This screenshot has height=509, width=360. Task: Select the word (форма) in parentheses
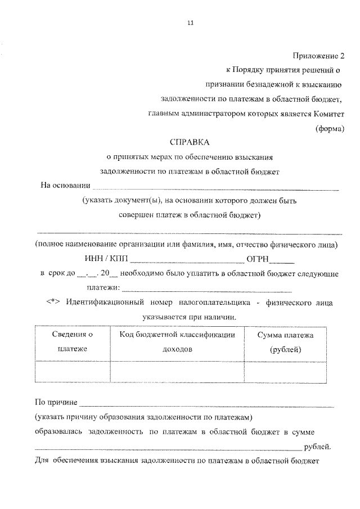(329, 128)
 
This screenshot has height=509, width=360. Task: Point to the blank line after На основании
(215, 187)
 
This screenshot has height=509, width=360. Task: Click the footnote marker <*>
(53, 303)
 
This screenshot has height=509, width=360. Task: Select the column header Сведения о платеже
(73, 341)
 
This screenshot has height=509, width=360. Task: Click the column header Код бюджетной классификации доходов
(177, 341)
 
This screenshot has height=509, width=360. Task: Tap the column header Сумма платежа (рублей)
(285, 341)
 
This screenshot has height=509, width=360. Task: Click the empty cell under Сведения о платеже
(73, 371)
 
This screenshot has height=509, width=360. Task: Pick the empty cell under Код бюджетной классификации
(177, 371)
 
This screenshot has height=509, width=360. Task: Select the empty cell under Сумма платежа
(285, 371)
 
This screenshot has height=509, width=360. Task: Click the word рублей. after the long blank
(317, 447)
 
